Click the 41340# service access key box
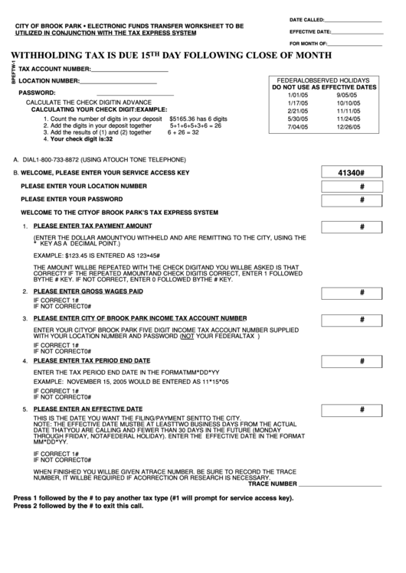tap(361, 173)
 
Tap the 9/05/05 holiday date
tap(348, 95)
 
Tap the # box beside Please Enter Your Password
tap(361, 200)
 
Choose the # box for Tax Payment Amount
tap(361, 227)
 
